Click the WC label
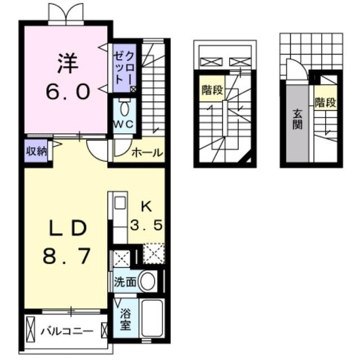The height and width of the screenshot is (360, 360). tap(124, 124)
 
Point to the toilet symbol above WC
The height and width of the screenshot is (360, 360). tap(125, 107)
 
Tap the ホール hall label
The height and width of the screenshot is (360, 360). tap(147, 152)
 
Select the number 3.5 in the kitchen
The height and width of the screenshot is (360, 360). tap(146, 226)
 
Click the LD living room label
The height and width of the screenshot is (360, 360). tap(66, 228)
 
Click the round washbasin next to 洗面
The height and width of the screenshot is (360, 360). tap(147, 282)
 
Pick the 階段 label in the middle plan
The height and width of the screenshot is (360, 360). tap(211, 90)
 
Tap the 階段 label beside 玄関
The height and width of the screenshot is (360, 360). tap(325, 103)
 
